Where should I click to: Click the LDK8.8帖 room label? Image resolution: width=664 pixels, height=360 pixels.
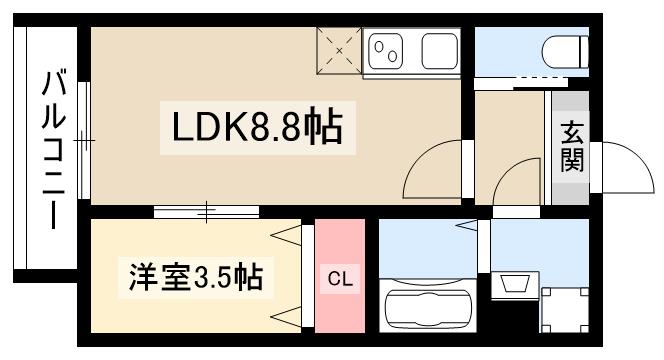258,127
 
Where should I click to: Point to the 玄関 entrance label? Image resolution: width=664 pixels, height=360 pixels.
571,147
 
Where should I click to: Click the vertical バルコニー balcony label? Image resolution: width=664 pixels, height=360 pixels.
51,150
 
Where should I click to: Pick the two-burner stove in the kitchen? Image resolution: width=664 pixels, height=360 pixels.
385,50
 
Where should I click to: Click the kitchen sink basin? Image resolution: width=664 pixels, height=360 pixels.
438,51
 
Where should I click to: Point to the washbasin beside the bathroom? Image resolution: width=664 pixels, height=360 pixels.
516,284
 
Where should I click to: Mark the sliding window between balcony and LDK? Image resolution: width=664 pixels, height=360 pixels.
84,141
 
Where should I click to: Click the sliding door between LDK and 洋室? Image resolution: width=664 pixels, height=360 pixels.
207,211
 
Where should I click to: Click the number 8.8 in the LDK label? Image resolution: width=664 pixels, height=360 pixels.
276,127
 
